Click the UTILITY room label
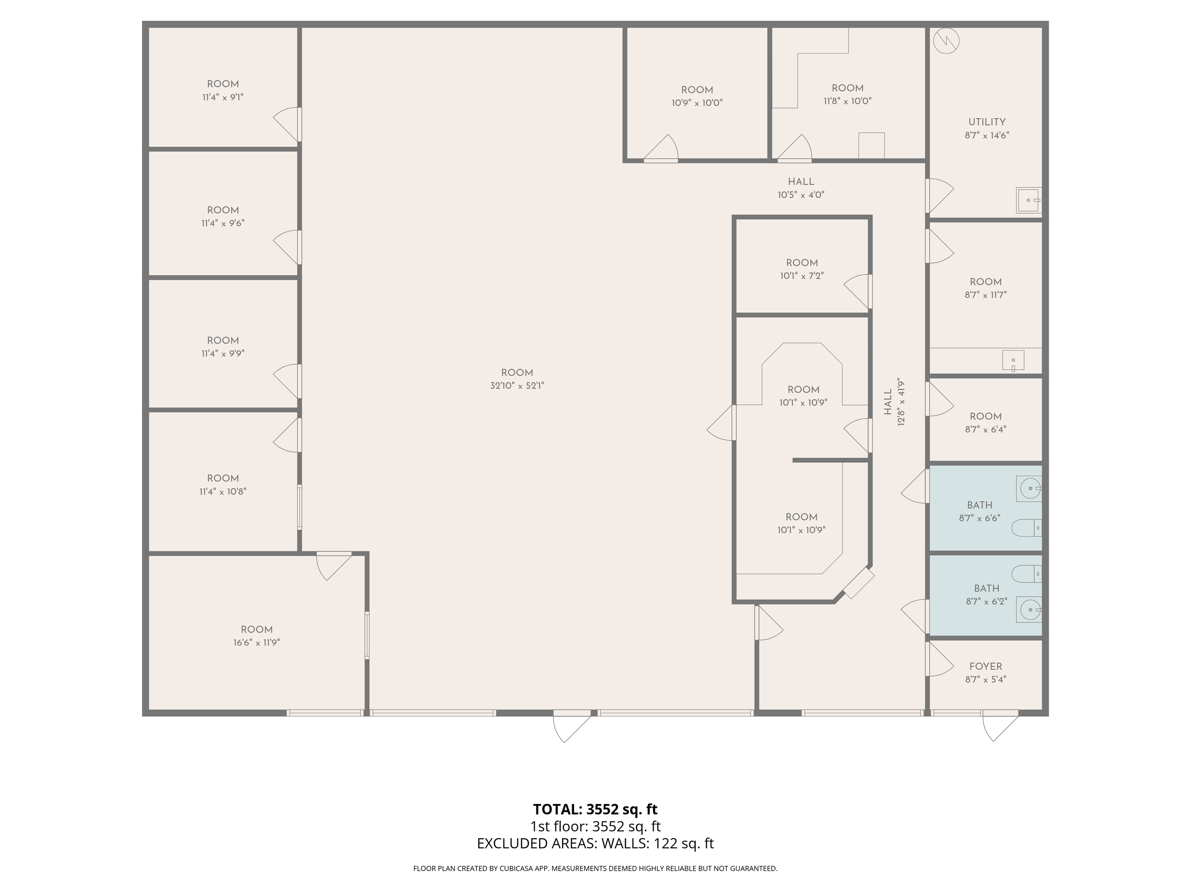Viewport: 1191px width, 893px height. click(x=987, y=122)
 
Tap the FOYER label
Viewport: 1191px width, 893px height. click(x=985, y=666)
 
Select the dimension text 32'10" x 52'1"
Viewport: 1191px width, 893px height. click(x=517, y=385)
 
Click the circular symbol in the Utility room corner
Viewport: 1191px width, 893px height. click(x=946, y=41)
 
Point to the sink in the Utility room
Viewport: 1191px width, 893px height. click(x=1028, y=200)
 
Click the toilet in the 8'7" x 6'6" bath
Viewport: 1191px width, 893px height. click(x=1026, y=528)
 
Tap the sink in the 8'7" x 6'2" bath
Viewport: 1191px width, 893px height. click(x=1029, y=610)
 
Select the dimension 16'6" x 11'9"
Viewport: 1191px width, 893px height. click(x=256, y=642)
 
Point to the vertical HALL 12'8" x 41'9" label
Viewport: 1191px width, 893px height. click(x=894, y=402)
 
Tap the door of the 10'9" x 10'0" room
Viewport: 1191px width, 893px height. click(x=661, y=148)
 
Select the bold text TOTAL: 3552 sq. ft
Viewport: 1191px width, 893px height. click(x=595, y=809)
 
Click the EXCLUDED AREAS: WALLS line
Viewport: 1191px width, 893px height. click(x=595, y=843)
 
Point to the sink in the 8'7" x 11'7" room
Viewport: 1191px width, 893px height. click(x=1013, y=361)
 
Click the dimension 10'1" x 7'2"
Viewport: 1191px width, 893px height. click(x=802, y=276)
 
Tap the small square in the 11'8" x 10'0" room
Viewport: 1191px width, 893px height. click(x=871, y=145)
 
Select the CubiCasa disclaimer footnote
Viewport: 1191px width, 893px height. click(x=595, y=868)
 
